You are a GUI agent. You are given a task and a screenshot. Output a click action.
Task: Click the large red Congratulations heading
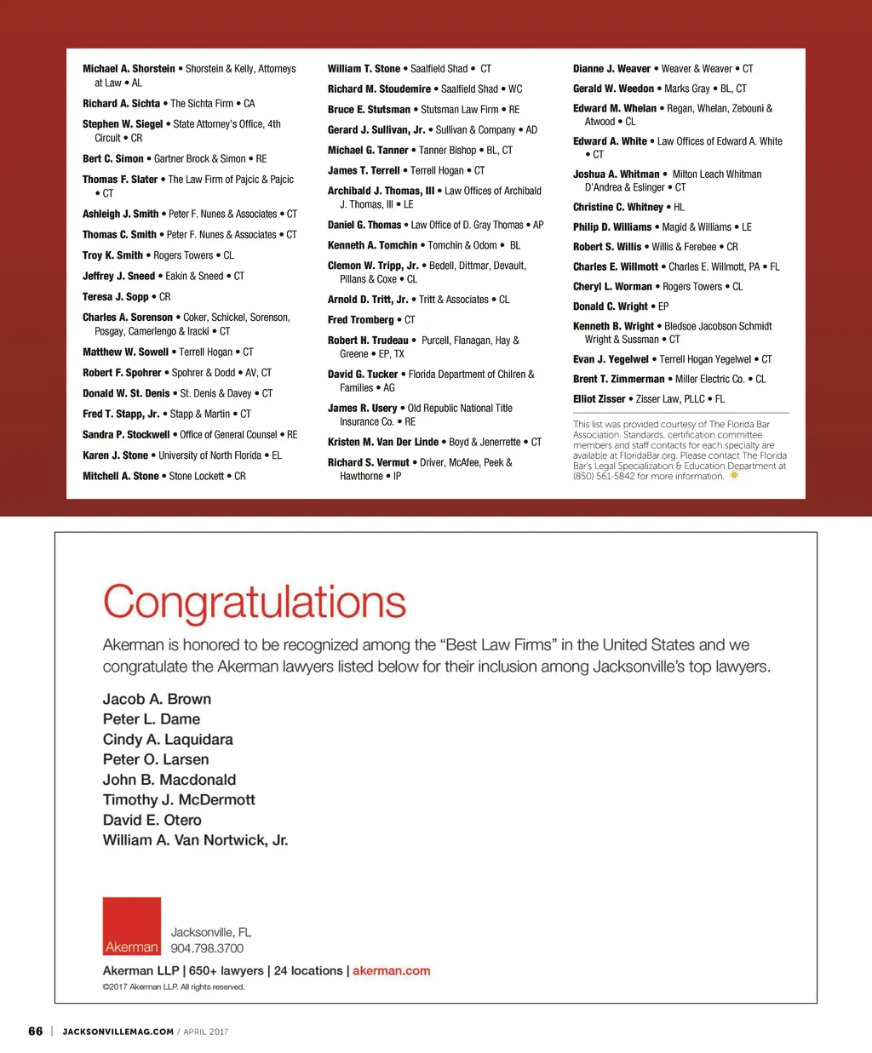(x=255, y=602)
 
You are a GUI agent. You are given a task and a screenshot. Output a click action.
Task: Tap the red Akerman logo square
(x=132, y=926)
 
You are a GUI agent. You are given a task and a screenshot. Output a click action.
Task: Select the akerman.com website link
(x=391, y=970)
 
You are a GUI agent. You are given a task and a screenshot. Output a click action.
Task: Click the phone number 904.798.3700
(x=207, y=948)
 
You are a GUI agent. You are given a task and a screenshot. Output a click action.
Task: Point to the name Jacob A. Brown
(x=157, y=699)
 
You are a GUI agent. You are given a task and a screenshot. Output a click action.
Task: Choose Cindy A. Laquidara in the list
(x=168, y=739)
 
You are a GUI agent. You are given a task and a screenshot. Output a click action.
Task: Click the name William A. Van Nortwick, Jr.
(x=195, y=840)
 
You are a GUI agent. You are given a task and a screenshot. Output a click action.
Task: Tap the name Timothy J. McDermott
(x=179, y=799)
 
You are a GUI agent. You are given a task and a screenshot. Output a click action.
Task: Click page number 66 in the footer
(x=36, y=1031)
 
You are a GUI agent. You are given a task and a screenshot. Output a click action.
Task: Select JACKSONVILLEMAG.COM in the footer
(x=118, y=1032)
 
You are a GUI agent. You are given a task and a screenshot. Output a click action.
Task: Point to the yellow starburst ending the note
(x=734, y=476)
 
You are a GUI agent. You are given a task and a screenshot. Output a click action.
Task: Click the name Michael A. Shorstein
(x=129, y=69)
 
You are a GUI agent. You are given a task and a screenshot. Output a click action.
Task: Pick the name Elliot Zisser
(x=599, y=399)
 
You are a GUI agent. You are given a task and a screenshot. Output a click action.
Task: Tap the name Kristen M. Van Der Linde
(x=383, y=443)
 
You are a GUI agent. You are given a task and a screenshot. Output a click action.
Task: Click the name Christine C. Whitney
(x=618, y=207)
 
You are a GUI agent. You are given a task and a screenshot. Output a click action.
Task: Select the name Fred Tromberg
(x=361, y=320)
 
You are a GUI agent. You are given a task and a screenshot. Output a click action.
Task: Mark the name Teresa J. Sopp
(x=116, y=297)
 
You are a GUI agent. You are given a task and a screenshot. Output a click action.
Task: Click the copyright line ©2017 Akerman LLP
(x=174, y=987)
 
